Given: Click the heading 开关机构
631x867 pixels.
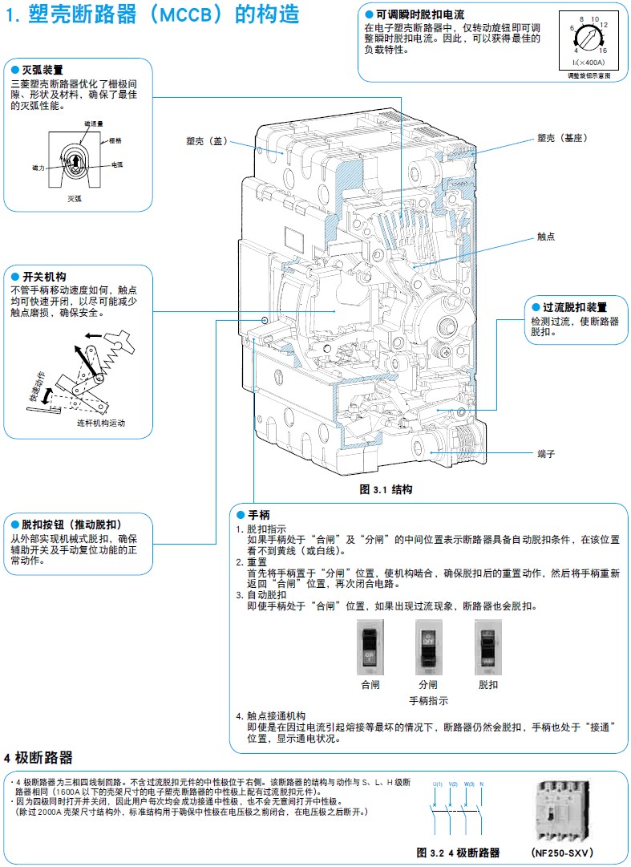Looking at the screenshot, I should coord(44,277).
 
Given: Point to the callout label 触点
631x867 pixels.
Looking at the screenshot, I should coord(546,237).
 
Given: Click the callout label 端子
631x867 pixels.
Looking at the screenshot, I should coord(546,454).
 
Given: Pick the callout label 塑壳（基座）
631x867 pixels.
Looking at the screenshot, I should coord(562,138).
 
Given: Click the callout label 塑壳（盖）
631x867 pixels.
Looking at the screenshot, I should coord(205,141).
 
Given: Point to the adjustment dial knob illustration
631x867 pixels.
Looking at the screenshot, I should coord(591,37).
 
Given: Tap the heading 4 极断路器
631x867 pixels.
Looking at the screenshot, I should coord(38,758).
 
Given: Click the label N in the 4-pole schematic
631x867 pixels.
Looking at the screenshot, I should coord(482,784).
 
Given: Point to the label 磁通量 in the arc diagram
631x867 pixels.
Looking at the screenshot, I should coord(94,124).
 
